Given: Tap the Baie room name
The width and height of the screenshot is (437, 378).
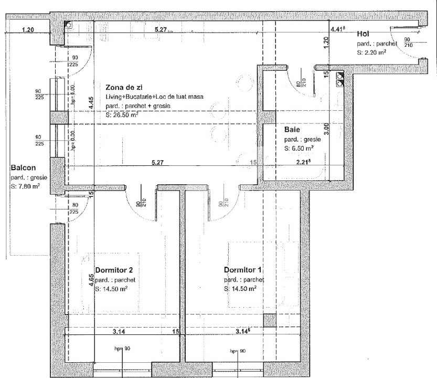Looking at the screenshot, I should point(292,129).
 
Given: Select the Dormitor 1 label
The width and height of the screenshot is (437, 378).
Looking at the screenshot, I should point(243,270).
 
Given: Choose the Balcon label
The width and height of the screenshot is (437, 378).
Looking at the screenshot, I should point(23,169).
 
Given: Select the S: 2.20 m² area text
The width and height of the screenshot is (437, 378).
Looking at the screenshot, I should point(371,52).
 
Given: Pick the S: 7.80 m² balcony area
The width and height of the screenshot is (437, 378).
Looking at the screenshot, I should point(26,186).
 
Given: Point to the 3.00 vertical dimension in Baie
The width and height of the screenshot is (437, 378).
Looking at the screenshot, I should point(326,127).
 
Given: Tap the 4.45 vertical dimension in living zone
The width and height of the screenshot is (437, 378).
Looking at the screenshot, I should point(91,103).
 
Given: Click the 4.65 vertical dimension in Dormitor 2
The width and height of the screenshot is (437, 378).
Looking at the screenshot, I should point(91,280).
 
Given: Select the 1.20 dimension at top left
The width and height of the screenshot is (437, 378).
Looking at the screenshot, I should point(28,30).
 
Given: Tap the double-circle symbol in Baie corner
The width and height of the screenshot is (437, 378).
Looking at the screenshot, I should point(340,78).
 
